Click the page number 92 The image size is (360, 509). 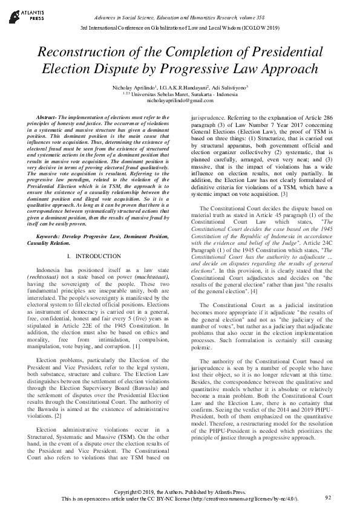[x=328, y=497]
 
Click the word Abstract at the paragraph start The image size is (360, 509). [x=48, y=115]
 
